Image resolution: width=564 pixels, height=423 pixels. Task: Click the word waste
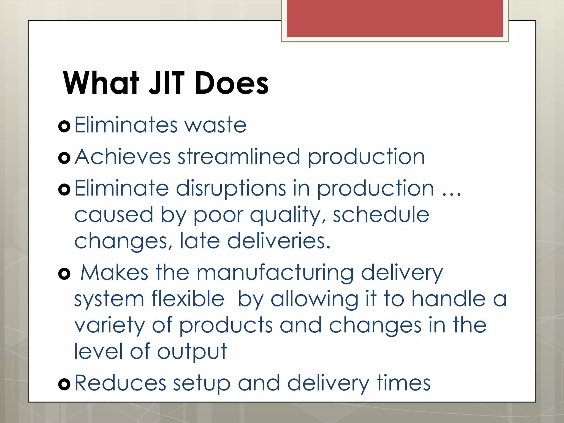coord(215,126)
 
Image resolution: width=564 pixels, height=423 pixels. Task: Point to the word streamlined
coord(239,157)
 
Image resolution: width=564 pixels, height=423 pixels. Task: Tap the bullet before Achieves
coord(64,158)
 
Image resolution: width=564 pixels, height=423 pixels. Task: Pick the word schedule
coord(381,215)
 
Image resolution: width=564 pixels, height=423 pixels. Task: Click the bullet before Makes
coord(64,274)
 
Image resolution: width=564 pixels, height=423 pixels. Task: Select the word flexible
coord(188,299)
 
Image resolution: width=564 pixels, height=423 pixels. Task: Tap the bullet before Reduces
coord(64,384)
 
